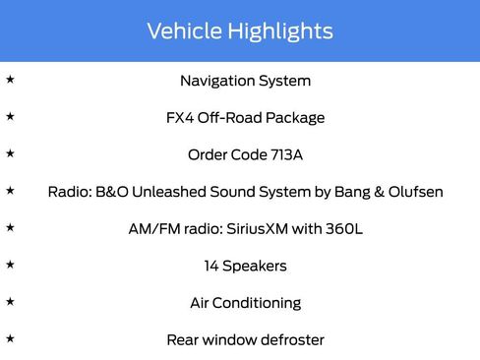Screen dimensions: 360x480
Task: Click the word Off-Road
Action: tap(231, 118)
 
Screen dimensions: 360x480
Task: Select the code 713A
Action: tap(280, 154)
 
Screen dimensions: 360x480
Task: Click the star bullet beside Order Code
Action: tap(10, 153)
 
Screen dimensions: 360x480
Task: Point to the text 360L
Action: tap(344, 228)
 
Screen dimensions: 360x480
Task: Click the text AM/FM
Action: tap(150, 228)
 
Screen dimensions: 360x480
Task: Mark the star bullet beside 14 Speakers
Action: tap(10, 265)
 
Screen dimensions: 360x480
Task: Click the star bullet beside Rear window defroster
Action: tap(10, 338)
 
